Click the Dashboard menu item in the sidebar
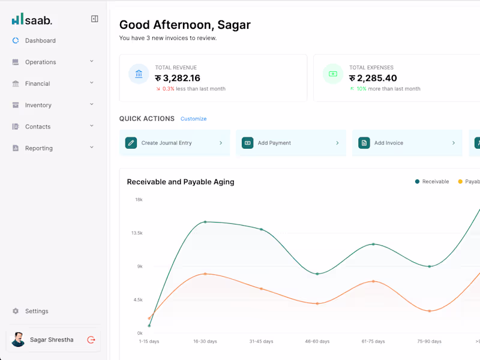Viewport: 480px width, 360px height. point(40,41)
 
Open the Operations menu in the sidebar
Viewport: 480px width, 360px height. point(40,62)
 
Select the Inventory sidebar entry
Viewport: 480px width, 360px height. point(38,106)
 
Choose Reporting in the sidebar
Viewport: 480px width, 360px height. point(38,148)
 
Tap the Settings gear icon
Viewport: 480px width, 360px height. point(16,311)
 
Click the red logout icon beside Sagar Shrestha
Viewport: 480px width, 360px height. point(91,340)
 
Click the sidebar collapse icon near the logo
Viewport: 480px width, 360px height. point(94,19)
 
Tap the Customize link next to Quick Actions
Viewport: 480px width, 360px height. point(193,119)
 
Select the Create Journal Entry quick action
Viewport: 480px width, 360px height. point(174,143)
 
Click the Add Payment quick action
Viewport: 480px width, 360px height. point(290,143)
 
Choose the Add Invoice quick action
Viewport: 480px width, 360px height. point(407,143)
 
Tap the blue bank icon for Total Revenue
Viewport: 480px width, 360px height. point(139,74)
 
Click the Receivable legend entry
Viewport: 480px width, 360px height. point(432,182)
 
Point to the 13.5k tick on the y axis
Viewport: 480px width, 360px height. point(137,233)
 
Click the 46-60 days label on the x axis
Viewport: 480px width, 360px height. point(317,341)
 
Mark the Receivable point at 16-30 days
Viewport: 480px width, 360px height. point(205,222)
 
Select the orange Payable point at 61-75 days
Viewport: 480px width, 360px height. point(373,281)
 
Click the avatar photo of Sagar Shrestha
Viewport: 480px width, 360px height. point(18,340)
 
